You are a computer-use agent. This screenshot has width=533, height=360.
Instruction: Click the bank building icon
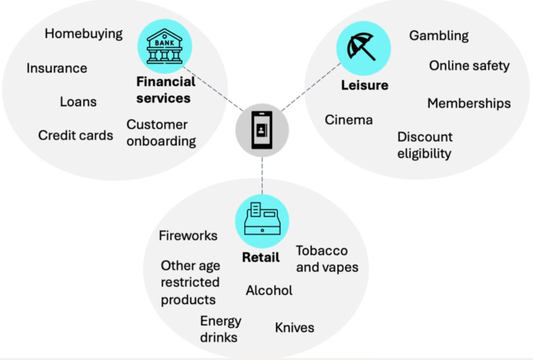click(x=164, y=47)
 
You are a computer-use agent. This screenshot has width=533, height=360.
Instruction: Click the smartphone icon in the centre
click(x=262, y=130)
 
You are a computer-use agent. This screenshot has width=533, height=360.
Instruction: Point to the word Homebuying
click(x=84, y=34)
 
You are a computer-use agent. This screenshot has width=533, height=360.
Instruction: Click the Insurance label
click(x=57, y=68)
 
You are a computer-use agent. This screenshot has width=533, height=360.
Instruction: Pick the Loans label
click(x=78, y=102)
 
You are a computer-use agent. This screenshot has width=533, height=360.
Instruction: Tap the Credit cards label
click(x=76, y=135)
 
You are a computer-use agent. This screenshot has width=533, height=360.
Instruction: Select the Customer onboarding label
click(x=161, y=133)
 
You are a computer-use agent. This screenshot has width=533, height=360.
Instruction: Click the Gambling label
click(x=439, y=36)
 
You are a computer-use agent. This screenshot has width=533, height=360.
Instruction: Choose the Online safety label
click(x=469, y=66)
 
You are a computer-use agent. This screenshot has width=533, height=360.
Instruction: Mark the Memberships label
click(x=469, y=104)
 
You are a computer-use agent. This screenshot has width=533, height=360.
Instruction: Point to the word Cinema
click(x=348, y=120)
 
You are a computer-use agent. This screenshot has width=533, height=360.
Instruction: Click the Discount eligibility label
click(x=425, y=145)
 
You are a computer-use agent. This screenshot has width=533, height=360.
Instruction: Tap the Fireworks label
click(x=188, y=235)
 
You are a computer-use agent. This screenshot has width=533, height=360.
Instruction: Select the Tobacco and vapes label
click(x=327, y=259)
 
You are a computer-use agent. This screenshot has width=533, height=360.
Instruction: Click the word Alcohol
click(x=269, y=291)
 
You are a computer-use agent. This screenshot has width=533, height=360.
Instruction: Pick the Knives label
click(x=294, y=328)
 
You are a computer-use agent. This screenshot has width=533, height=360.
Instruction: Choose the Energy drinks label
click(x=220, y=329)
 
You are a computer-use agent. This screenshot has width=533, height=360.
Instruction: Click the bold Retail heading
click(x=261, y=258)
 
